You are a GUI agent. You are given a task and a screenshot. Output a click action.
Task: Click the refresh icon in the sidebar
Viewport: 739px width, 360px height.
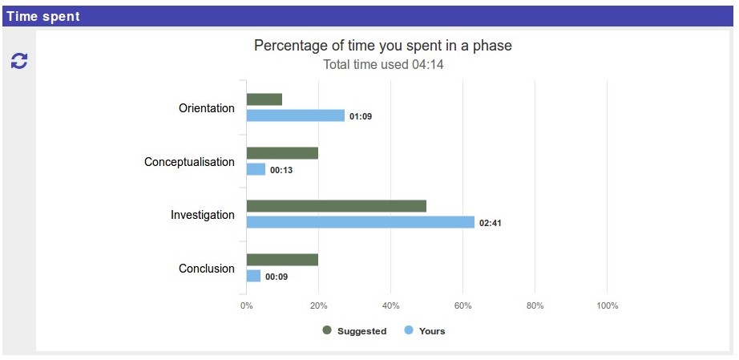tap(18, 60)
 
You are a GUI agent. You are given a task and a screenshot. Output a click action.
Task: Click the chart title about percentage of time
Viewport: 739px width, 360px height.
tap(382, 46)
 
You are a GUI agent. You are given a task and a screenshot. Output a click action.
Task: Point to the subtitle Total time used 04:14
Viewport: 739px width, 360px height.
tap(382, 65)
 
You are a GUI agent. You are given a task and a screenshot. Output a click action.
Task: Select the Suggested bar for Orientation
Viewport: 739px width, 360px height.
tap(265, 99)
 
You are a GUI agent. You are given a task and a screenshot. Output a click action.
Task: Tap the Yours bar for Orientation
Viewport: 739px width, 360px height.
tap(295, 115)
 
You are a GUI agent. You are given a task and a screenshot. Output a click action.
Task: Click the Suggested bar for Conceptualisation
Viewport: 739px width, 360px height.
tap(282, 153)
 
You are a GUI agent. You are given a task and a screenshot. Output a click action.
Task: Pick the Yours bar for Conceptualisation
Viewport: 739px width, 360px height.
tap(256, 169)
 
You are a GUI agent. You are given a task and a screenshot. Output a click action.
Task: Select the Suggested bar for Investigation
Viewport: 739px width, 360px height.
tap(336, 206)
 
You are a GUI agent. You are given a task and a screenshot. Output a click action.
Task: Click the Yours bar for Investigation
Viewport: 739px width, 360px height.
tap(360, 222)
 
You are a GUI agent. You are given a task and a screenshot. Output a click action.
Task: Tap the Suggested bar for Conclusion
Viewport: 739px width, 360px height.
tap(282, 260)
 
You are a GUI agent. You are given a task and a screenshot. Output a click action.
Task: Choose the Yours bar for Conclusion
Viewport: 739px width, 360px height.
tap(253, 276)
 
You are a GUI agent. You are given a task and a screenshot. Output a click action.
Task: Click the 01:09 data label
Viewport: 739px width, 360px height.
tap(361, 116)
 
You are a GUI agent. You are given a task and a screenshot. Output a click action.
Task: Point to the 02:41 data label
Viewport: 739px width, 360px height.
tap(491, 223)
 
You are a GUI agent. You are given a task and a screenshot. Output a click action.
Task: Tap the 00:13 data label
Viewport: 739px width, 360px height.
tap(281, 170)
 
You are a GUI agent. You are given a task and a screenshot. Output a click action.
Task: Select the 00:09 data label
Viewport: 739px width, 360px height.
tap(277, 277)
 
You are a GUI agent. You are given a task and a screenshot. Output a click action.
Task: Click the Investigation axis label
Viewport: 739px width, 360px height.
tap(202, 215)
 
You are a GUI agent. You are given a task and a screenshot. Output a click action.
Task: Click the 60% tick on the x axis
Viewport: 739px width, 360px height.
tap(462, 305)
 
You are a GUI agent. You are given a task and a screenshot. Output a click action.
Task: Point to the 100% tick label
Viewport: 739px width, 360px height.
tap(607, 305)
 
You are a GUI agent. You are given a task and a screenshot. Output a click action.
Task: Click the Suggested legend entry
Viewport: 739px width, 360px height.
tap(354, 331)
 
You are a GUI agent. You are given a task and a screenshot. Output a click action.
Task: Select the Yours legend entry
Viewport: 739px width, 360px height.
tap(425, 331)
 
